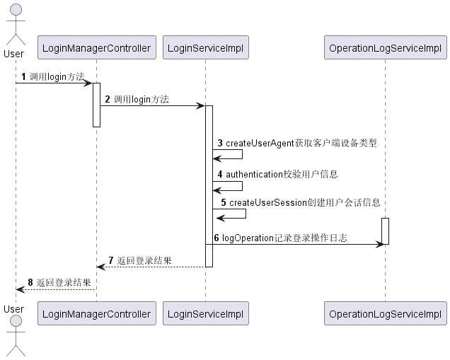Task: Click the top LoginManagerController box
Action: [x=96, y=48]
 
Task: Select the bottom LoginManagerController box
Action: [x=96, y=313]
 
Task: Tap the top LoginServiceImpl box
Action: [x=206, y=48]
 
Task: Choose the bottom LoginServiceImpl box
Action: [x=206, y=313]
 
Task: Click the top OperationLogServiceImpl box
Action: [x=385, y=48]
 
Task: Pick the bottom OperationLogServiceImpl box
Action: [x=385, y=313]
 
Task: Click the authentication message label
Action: [x=282, y=174]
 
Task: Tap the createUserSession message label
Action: [x=304, y=202]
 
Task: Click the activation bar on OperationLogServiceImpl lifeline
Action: [x=385, y=231]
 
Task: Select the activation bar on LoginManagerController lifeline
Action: [x=96, y=105]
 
